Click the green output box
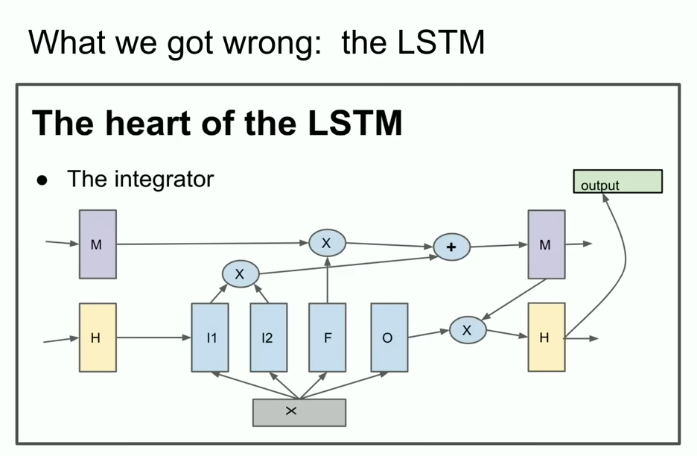(x=617, y=182)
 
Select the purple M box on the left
(x=98, y=244)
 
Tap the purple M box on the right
(x=546, y=244)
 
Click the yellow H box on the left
(x=98, y=338)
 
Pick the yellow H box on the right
(x=546, y=338)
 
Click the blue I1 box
(x=210, y=338)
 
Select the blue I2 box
(x=268, y=338)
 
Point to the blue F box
(x=327, y=338)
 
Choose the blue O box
(x=389, y=338)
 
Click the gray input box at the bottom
(x=299, y=412)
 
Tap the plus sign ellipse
(x=451, y=247)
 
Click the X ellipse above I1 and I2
(x=239, y=274)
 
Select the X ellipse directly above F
(x=327, y=243)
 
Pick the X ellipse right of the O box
(x=467, y=330)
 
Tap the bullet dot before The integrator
(x=42, y=180)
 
